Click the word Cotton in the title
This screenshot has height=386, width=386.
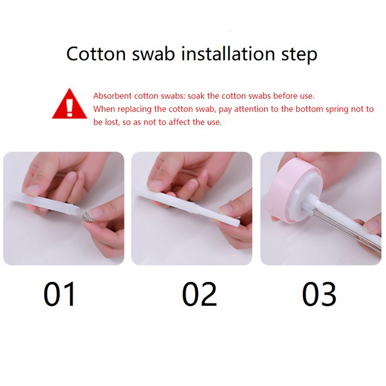click(96, 54)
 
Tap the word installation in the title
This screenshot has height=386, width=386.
click(228, 54)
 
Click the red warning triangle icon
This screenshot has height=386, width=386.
click(69, 104)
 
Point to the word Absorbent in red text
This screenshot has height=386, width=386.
click(112, 96)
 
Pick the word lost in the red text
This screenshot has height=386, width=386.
click(112, 122)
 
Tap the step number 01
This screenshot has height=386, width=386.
click(59, 294)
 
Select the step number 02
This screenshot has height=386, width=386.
click(199, 294)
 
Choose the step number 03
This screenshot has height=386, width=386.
click(319, 294)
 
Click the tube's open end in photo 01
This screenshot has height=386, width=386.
click(77, 210)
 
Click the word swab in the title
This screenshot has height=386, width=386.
click(153, 54)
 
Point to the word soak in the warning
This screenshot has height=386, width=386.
click(196, 96)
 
